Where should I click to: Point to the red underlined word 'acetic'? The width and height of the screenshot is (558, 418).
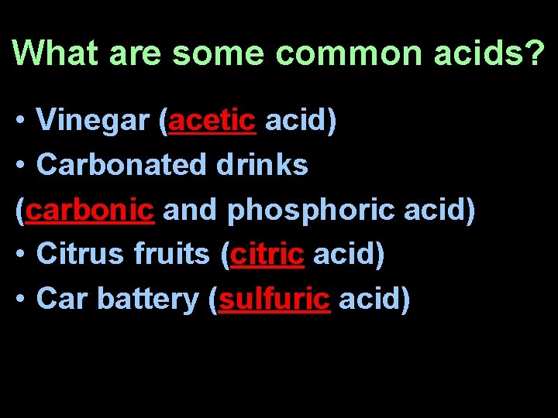212,121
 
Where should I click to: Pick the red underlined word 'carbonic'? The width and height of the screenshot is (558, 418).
89,210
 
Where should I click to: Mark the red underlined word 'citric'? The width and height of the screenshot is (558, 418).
267,255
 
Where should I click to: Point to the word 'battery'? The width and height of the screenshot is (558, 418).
154,300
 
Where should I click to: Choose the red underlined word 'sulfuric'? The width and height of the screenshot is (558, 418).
274,300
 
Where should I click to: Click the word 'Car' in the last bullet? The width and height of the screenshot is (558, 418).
60,300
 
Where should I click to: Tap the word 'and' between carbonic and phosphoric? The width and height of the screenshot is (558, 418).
190,210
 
